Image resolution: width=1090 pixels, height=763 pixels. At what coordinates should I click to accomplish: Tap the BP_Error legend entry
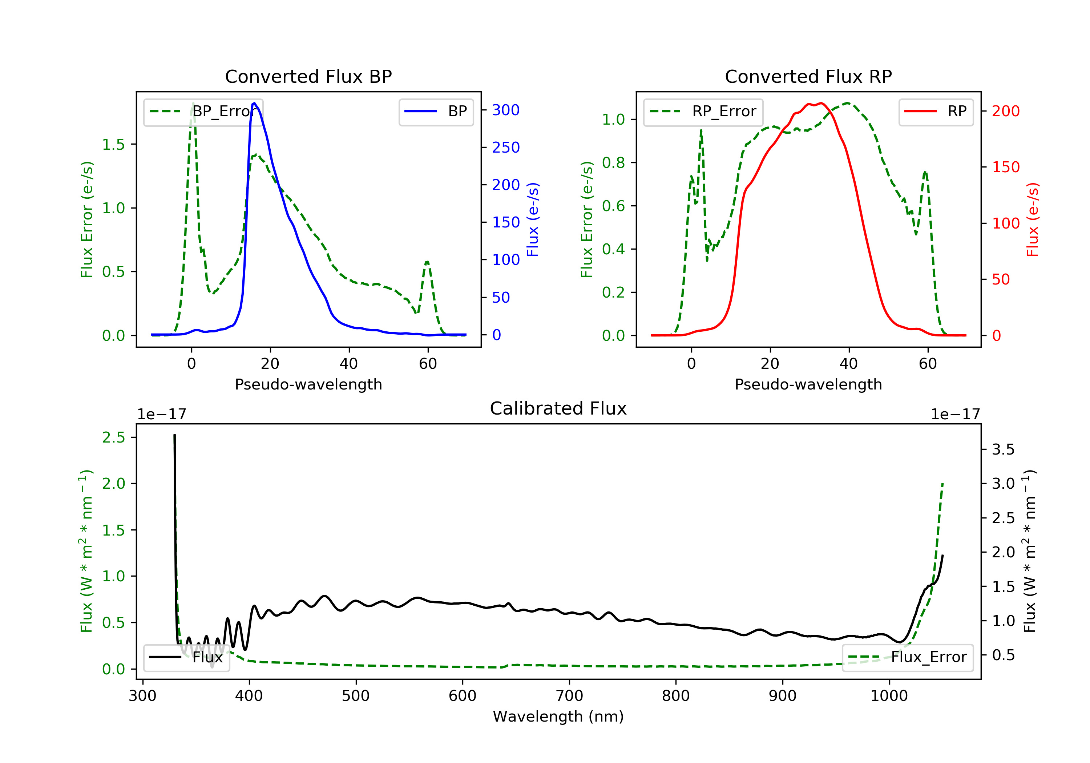coord(203,112)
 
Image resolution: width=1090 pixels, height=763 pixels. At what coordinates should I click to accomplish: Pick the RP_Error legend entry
coord(703,112)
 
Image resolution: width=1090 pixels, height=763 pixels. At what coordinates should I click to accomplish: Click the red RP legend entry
coord(936,112)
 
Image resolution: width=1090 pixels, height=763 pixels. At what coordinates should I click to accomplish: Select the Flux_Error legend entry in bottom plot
coord(907,657)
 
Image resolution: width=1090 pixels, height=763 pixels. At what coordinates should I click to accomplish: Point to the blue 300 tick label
coord(506,110)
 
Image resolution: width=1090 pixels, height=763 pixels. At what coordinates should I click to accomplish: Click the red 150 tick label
coord(1005,167)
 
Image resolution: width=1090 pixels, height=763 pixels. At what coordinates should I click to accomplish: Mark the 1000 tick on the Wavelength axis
coord(889,696)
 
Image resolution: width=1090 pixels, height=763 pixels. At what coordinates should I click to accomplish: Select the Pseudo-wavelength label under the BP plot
coord(308,384)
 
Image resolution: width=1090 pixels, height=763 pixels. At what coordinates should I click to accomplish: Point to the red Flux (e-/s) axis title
coord(1032,220)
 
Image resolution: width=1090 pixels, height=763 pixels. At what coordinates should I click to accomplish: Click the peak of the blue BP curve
coord(254,103)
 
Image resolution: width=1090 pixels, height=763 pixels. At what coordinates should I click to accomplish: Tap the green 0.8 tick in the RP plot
coord(613,163)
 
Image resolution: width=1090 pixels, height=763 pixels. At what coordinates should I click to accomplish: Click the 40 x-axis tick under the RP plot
coord(848,364)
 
